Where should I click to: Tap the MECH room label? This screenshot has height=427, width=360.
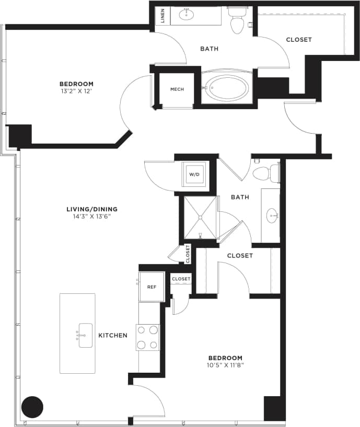coord(177,89)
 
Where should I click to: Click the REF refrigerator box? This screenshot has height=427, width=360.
coord(151,287)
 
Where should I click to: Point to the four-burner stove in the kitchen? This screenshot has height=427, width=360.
coord(147,337)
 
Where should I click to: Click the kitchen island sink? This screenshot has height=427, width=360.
coord(85,335)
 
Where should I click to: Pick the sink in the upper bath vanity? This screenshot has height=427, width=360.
coord(187,15)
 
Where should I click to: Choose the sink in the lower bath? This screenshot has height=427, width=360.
coord(272,215)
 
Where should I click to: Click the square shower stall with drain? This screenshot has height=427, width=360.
coord(199,217)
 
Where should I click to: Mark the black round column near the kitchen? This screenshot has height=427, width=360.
coord(32,407)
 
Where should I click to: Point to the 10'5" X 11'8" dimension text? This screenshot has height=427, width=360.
coord(226,365)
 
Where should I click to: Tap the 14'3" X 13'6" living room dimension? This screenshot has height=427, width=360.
coord(91,217)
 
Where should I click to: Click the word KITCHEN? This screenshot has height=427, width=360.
coord(113,335)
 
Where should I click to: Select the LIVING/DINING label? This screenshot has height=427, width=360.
coord(91,209)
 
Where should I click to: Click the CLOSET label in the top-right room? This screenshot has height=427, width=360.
coord(299,40)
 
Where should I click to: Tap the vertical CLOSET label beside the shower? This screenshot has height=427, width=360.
coord(188,254)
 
